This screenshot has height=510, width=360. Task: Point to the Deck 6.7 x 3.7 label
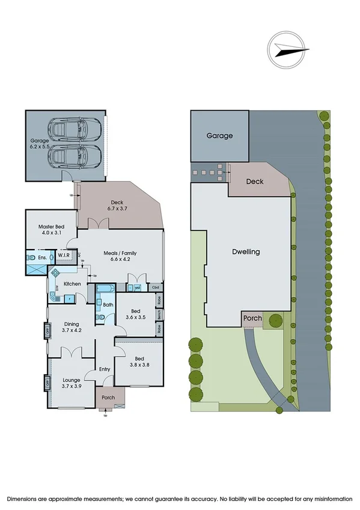[117, 206]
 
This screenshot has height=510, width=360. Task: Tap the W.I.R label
[64, 256]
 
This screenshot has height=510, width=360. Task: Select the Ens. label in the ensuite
[42, 257]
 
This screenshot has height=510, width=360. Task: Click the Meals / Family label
[119, 257]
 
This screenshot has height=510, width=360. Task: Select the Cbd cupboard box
[156, 288]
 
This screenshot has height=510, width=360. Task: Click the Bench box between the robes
[159, 313]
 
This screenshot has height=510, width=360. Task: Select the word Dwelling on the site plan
[246, 252]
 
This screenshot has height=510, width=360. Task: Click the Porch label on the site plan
[252, 318]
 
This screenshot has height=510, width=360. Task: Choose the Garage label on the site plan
[219, 136]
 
